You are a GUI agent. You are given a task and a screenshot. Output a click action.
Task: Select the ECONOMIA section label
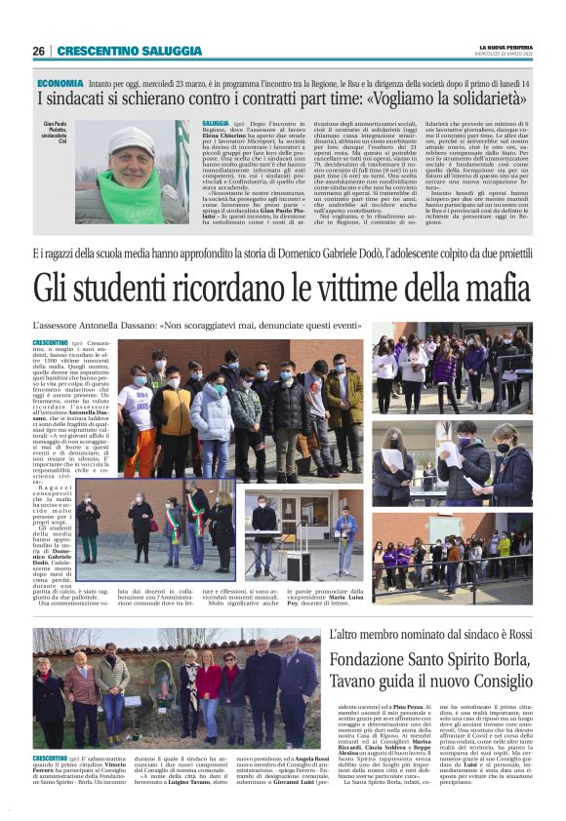[x=61, y=85]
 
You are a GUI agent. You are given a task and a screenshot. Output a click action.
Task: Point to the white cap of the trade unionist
[x=130, y=137]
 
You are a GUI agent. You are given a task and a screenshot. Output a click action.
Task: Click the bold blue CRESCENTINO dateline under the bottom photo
[x=51, y=759]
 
